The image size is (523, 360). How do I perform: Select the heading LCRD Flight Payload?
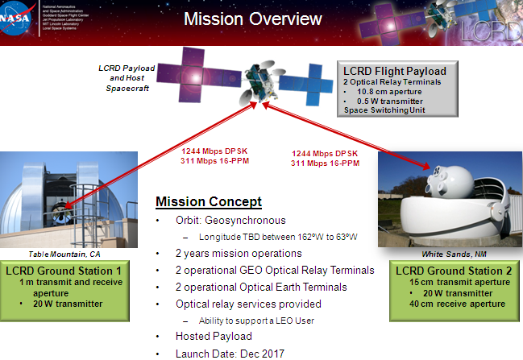[395, 71]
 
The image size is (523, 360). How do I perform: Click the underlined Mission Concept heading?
[208, 201]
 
